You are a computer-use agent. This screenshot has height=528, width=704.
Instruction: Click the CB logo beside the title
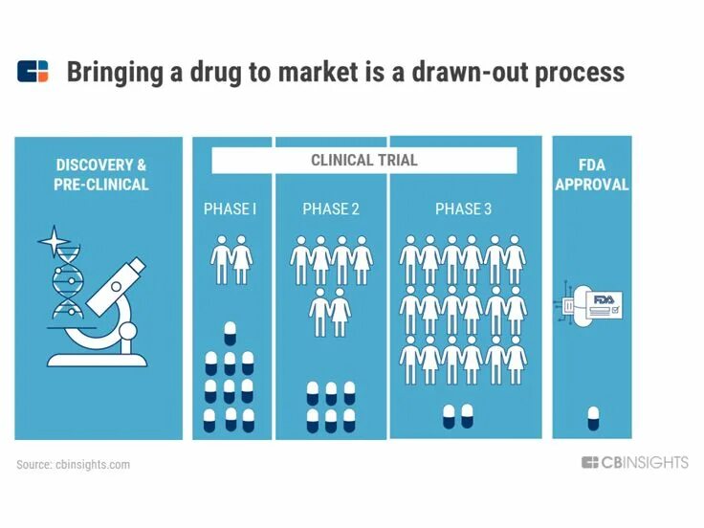[33, 72]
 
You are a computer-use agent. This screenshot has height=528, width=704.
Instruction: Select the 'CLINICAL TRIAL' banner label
[363, 160]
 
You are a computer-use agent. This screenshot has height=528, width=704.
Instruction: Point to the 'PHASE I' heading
[230, 209]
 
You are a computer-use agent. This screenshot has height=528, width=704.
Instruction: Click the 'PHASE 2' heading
[331, 209]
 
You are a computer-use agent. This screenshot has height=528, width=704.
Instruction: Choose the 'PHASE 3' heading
[463, 209]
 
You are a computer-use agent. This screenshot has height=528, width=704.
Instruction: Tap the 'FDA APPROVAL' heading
[592, 175]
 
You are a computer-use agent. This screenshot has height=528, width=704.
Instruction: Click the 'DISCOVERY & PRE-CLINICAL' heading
[100, 175]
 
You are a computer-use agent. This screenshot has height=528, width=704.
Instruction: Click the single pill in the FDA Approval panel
[593, 417]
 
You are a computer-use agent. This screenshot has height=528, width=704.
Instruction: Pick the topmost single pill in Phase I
[230, 333]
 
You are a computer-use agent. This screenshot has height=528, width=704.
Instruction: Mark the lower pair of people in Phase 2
[330, 314]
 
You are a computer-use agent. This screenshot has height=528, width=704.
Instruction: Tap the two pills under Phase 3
[457, 415]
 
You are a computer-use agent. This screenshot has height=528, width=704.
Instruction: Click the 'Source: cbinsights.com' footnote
[73, 465]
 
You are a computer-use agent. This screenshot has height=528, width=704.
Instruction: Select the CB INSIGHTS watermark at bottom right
[634, 463]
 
